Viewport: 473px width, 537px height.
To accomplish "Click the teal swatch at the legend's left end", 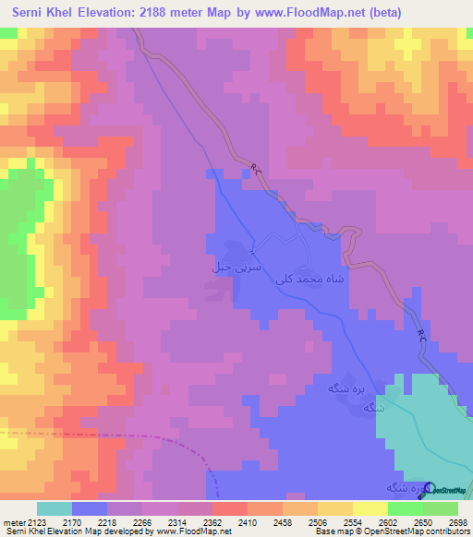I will click(54, 508).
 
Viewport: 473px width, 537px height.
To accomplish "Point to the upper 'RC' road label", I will click(256, 168).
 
